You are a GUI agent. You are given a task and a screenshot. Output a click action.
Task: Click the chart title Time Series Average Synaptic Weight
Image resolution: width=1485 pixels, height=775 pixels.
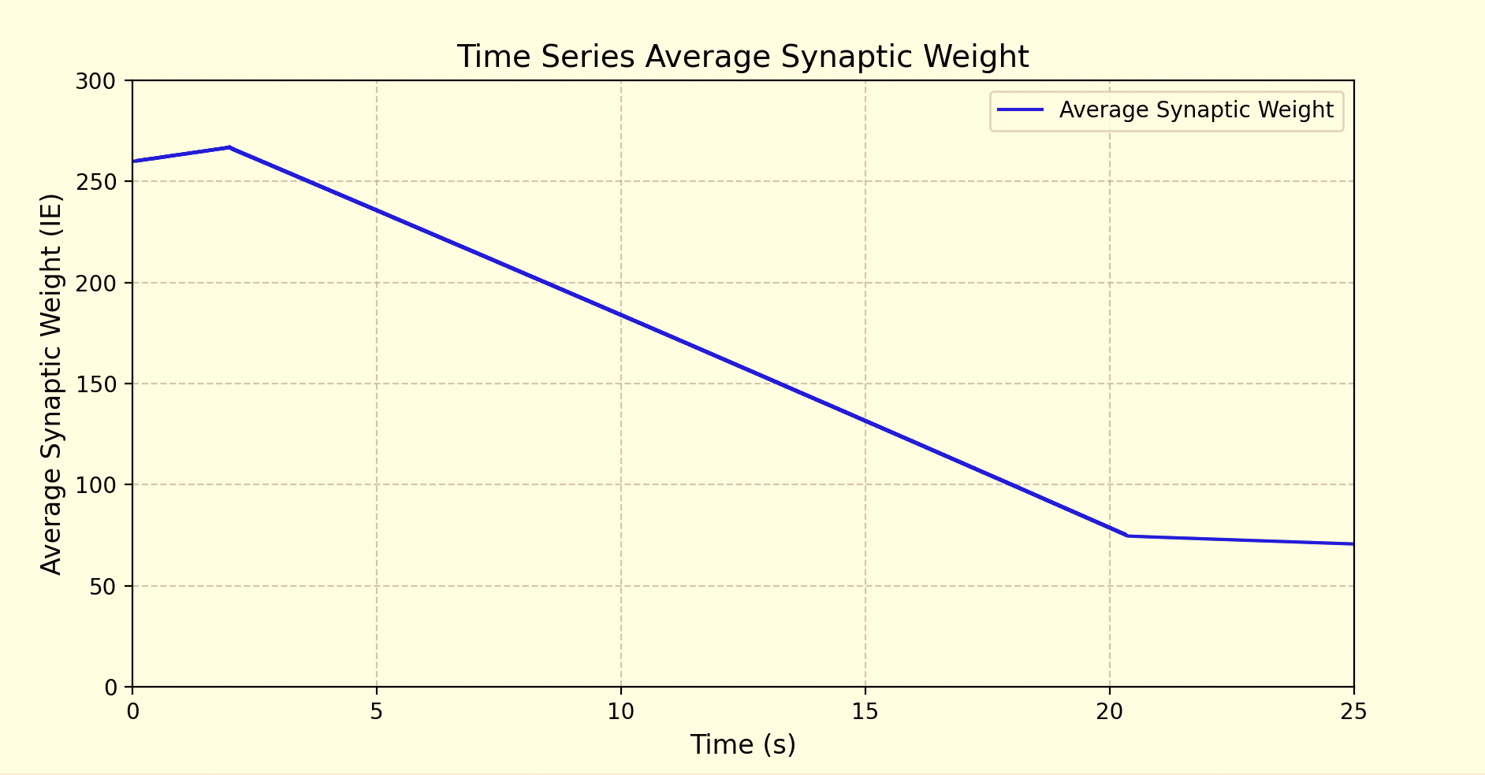tap(742, 57)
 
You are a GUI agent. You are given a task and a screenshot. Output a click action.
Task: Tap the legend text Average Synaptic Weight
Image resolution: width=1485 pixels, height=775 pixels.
tap(1196, 110)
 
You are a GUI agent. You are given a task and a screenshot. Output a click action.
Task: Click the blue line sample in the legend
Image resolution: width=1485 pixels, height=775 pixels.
tap(1021, 110)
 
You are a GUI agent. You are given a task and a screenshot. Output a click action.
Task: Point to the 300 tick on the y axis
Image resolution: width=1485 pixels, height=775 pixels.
tap(95, 81)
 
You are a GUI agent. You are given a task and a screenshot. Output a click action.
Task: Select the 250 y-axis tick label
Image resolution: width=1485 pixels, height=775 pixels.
tap(95, 182)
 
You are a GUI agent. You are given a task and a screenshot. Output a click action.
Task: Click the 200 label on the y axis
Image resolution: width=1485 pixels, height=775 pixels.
tap(95, 284)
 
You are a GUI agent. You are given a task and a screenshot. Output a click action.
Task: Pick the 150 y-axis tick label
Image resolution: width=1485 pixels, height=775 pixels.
tap(95, 384)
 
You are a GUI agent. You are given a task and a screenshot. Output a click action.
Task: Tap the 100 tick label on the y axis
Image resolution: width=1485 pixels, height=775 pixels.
tap(95, 485)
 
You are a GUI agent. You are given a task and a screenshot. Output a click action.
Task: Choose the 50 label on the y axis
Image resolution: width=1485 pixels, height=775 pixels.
tap(102, 587)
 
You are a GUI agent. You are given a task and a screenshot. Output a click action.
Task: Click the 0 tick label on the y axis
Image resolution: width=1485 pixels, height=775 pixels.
tap(110, 688)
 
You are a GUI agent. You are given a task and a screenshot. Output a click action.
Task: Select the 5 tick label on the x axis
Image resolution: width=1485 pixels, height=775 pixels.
tap(377, 712)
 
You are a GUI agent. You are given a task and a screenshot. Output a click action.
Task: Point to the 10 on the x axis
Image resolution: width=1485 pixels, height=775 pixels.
tap(621, 712)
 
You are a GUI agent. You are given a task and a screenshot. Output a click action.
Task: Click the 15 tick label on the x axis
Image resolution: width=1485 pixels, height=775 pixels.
tap(865, 712)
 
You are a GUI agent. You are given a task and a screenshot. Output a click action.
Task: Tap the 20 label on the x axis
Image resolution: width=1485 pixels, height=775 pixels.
tap(1110, 712)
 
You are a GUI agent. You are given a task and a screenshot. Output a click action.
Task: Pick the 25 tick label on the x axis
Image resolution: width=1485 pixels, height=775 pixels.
tap(1353, 712)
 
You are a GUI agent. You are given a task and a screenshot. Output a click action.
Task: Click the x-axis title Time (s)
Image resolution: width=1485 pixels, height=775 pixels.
tap(742, 744)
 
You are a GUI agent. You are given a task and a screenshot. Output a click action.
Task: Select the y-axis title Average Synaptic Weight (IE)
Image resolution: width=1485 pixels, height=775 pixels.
tap(51, 384)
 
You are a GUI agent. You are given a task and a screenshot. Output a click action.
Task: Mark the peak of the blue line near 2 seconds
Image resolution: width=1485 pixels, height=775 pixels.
tap(229, 147)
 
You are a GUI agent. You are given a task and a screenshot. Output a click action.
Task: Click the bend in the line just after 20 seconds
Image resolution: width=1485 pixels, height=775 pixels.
tap(1128, 536)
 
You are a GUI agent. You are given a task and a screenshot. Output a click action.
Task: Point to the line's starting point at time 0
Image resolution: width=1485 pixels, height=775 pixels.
tap(133, 161)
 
